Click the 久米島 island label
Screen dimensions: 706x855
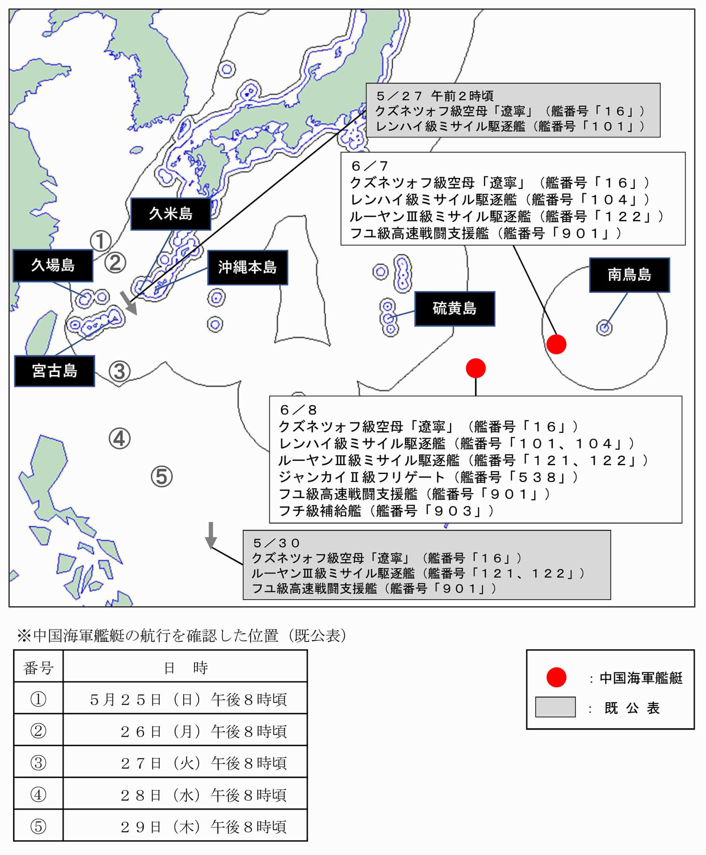click(x=170, y=214)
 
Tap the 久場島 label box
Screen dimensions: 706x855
click(x=53, y=265)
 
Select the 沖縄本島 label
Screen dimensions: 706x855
click(x=248, y=267)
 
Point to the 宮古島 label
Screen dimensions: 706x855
click(x=55, y=371)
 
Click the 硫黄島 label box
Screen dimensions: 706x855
click(x=455, y=308)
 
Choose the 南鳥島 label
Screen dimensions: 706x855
click(x=630, y=275)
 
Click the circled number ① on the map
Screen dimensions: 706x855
click(x=100, y=241)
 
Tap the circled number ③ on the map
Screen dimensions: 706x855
click(x=120, y=371)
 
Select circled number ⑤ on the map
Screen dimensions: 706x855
click(x=162, y=476)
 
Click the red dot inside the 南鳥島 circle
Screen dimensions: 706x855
click(x=556, y=344)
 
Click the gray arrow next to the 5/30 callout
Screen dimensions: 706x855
click(x=211, y=535)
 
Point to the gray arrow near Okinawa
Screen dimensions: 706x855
click(x=129, y=303)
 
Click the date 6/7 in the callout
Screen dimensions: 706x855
click(x=370, y=166)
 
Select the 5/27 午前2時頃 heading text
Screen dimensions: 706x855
click(x=435, y=96)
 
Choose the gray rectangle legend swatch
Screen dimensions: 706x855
click(x=555, y=707)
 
